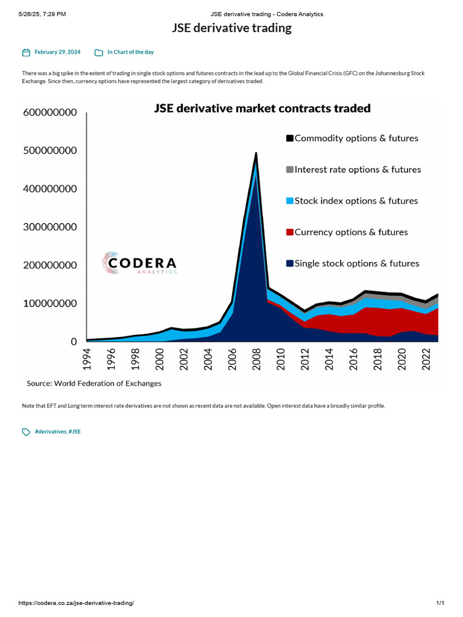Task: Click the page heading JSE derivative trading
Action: (231, 28)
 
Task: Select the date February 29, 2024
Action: (57, 52)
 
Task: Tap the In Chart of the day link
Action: (130, 52)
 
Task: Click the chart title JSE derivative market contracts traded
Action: (262, 108)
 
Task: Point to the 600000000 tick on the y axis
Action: (50, 112)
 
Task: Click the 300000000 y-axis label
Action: (50, 227)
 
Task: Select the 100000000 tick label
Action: (50, 304)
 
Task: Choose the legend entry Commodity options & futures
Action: (356, 138)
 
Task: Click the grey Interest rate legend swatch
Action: (289, 170)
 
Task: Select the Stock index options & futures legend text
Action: (356, 201)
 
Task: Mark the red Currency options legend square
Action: (289, 233)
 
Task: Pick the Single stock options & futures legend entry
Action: (356, 263)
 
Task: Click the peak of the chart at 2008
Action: (256, 154)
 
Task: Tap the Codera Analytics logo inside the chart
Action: (139, 263)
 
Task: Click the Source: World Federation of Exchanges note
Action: (94, 383)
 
